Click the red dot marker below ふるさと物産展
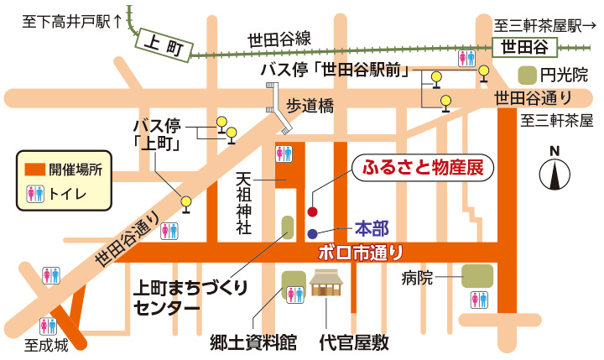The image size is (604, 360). click(x=313, y=211)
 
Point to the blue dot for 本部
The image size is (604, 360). click(x=312, y=234)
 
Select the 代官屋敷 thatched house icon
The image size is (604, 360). click(x=329, y=285)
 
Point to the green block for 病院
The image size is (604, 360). click(x=476, y=275)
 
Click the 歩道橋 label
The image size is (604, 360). click(x=311, y=105)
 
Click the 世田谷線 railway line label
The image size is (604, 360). click(x=279, y=38)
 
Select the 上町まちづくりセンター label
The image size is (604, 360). click(x=191, y=296)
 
